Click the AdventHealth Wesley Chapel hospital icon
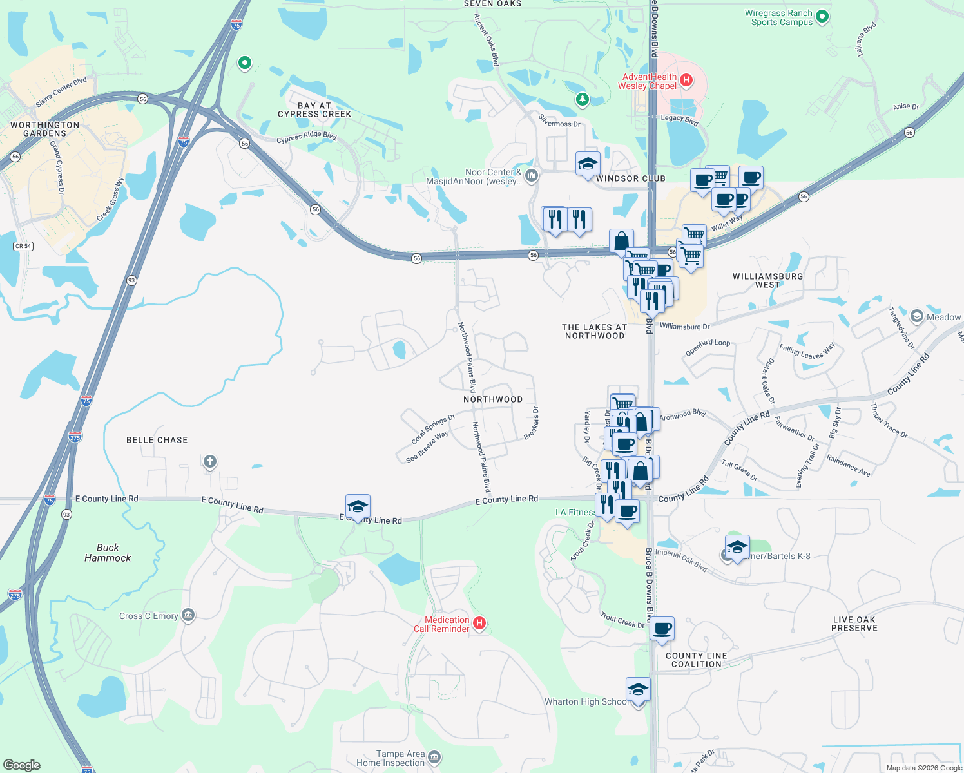[x=686, y=81]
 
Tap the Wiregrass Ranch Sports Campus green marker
[x=822, y=17]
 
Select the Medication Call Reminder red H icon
[x=479, y=623]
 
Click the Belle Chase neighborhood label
[x=157, y=440]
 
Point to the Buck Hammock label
[x=108, y=553]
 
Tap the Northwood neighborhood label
[x=493, y=399]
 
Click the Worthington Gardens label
[x=45, y=129]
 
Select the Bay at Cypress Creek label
[x=314, y=110]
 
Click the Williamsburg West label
[x=767, y=280]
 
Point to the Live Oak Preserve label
[x=854, y=624]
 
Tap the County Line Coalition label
[x=696, y=660]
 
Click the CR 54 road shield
[x=23, y=246]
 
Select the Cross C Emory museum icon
[x=188, y=615]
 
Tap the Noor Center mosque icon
[x=532, y=175]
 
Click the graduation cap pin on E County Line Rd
[x=358, y=506]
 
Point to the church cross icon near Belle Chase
[x=209, y=462]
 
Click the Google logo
[x=22, y=765]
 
